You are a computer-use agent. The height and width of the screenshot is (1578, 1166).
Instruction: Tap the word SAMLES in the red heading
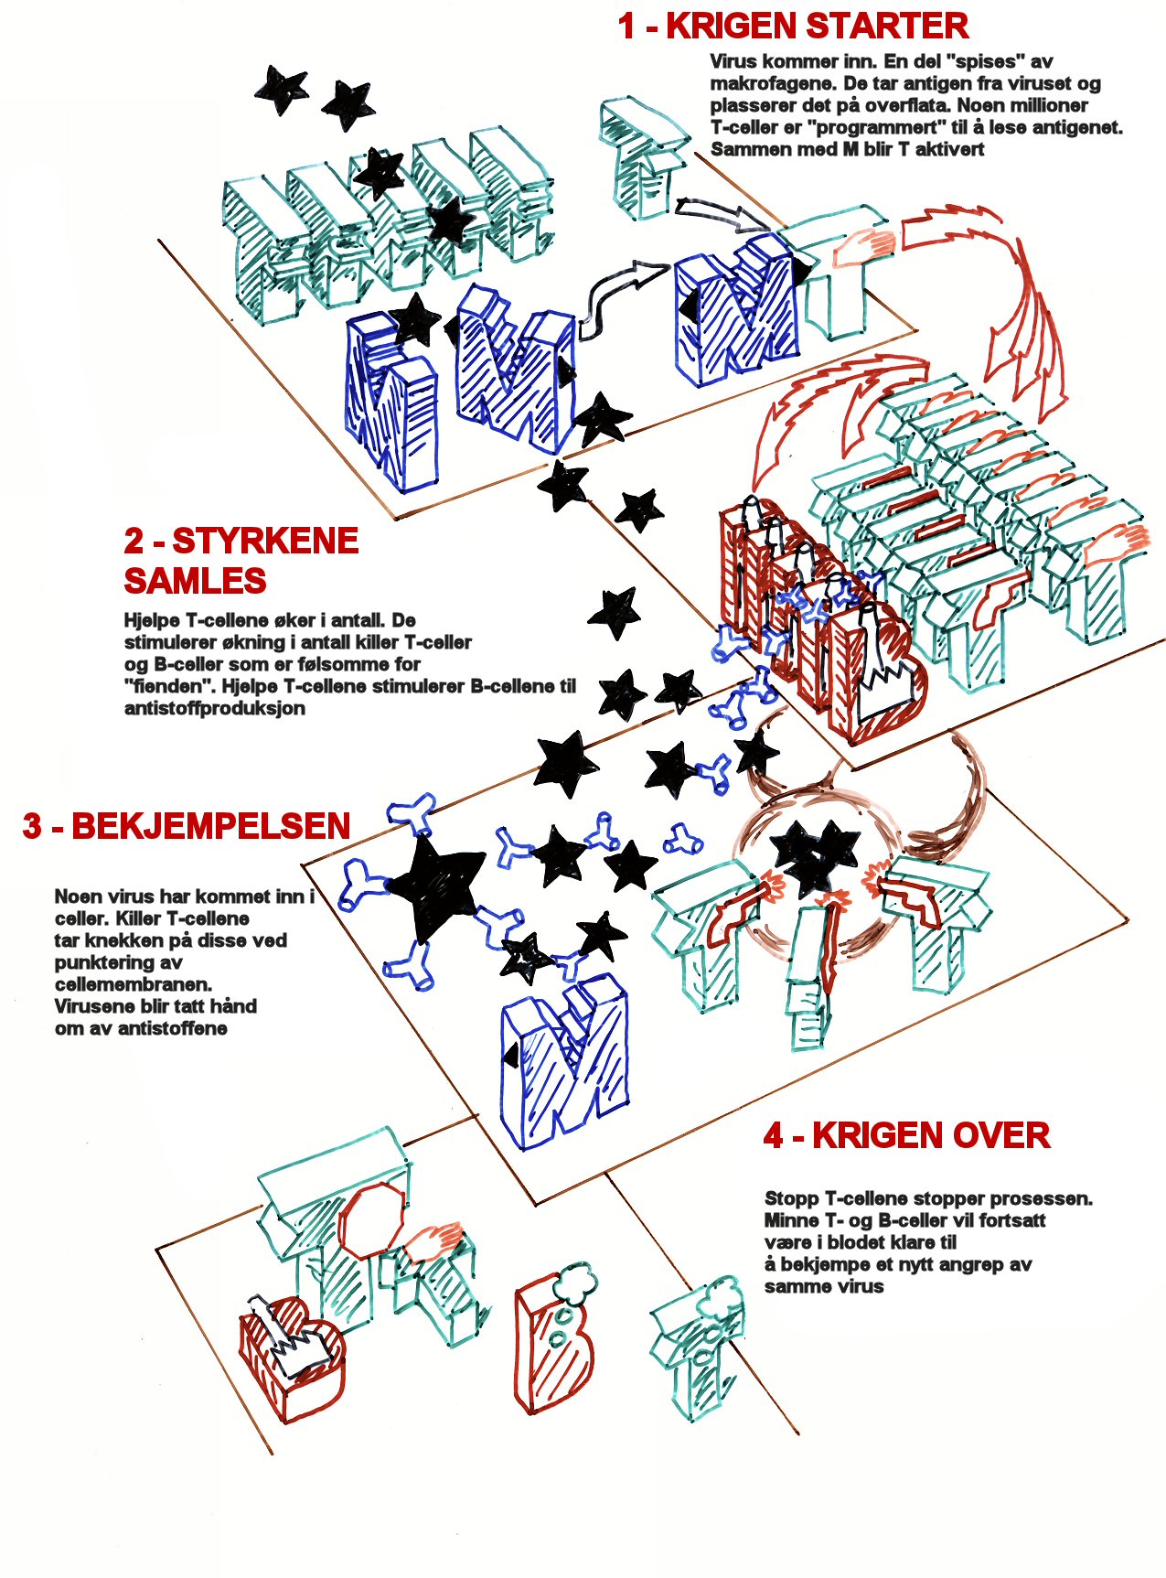pyautogui.click(x=195, y=581)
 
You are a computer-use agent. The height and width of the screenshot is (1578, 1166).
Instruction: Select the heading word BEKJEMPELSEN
pyautogui.click(x=211, y=826)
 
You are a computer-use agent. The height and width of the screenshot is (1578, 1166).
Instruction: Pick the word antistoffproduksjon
pyautogui.click(x=215, y=708)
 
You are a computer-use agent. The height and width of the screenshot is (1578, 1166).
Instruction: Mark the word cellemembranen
pyautogui.click(x=134, y=984)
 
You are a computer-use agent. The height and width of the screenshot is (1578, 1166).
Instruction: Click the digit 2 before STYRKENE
pyautogui.click(x=134, y=542)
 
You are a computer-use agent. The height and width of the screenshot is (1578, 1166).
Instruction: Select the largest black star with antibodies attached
pyautogui.click(x=434, y=887)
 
